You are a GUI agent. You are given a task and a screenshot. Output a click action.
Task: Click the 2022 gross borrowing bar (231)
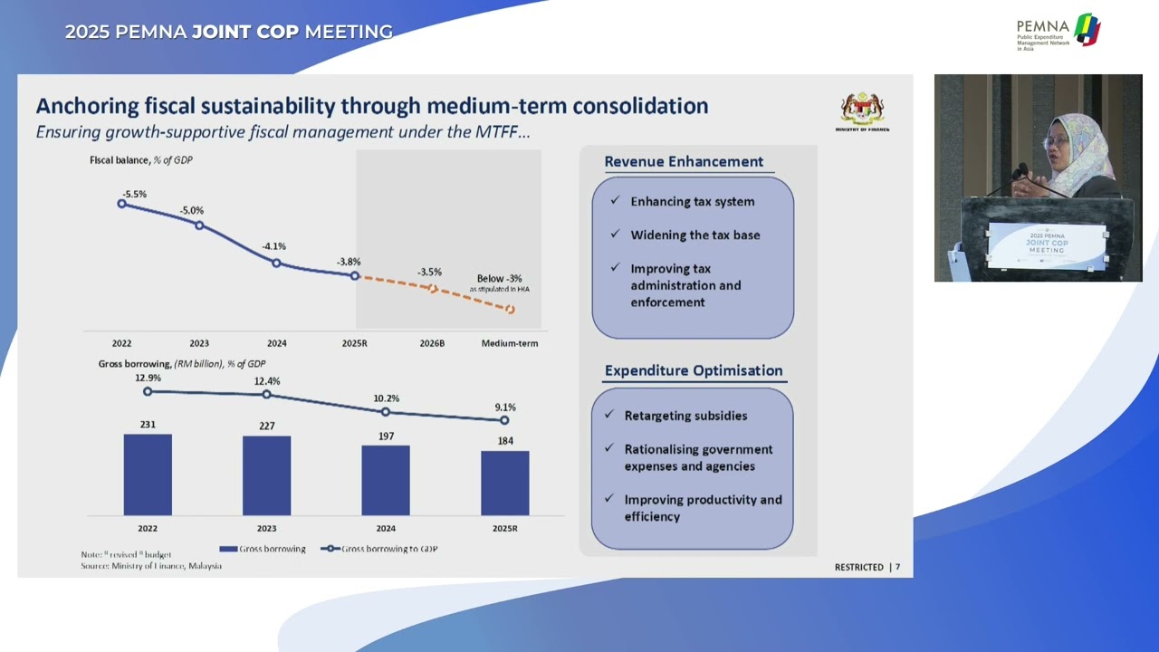click(x=148, y=475)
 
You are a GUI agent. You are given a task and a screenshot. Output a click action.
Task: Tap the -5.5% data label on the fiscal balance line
click(x=134, y=194)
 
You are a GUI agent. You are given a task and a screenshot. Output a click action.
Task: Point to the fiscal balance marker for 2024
click(x=277, y=264)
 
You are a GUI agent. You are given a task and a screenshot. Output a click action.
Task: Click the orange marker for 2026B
click(x=433, y=289)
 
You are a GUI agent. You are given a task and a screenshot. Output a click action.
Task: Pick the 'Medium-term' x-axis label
click(x=510, y=343)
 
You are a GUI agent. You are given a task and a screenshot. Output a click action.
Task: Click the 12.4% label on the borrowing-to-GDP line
click(x=266, y=380)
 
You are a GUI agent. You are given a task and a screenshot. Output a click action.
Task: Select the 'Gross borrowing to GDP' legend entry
click(x=380, y=549)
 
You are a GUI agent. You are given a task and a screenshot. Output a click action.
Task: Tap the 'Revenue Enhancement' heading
click(x=684, y=161)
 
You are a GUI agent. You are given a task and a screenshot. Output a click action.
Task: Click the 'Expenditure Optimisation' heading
click(x=694, y=370)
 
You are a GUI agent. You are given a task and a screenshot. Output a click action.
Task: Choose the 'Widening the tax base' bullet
click(x=694, y=235)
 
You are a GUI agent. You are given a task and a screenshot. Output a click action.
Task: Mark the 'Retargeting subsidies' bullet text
click(x=685, y=416)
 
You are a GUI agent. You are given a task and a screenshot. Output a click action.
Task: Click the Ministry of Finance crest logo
click(x=862, y=110)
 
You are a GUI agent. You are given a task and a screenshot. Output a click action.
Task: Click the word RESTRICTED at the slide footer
click(x=858, y=567)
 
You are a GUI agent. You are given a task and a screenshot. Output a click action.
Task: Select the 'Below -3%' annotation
click(x=500, y=279)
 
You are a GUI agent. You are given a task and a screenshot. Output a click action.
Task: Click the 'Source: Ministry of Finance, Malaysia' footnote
click(x=151, y=566)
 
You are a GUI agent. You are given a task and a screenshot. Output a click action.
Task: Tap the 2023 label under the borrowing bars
click(x=266, y=528)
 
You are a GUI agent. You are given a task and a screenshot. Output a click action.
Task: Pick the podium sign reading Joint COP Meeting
click(x=1046, y=245)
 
